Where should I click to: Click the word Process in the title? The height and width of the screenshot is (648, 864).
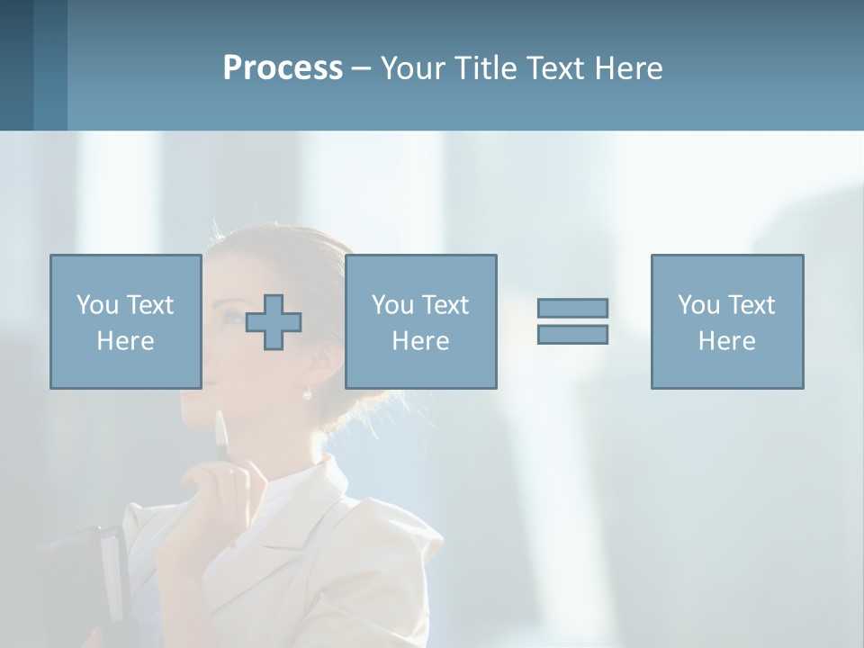click(283, 68)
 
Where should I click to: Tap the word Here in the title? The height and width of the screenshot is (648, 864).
click(628, 68)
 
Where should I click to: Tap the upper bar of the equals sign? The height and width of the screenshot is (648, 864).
click(572, 308)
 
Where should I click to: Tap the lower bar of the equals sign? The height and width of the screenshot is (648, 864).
click(572, 334)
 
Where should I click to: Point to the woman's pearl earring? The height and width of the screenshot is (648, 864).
click(306, 393)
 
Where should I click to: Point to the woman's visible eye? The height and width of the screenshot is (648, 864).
click(232, 317)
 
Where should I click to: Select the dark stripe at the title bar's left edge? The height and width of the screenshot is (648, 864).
click(16, 65)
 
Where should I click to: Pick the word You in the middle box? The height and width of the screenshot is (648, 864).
click(392, 305)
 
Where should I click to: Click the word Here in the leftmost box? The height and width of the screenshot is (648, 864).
click(125, 341)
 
